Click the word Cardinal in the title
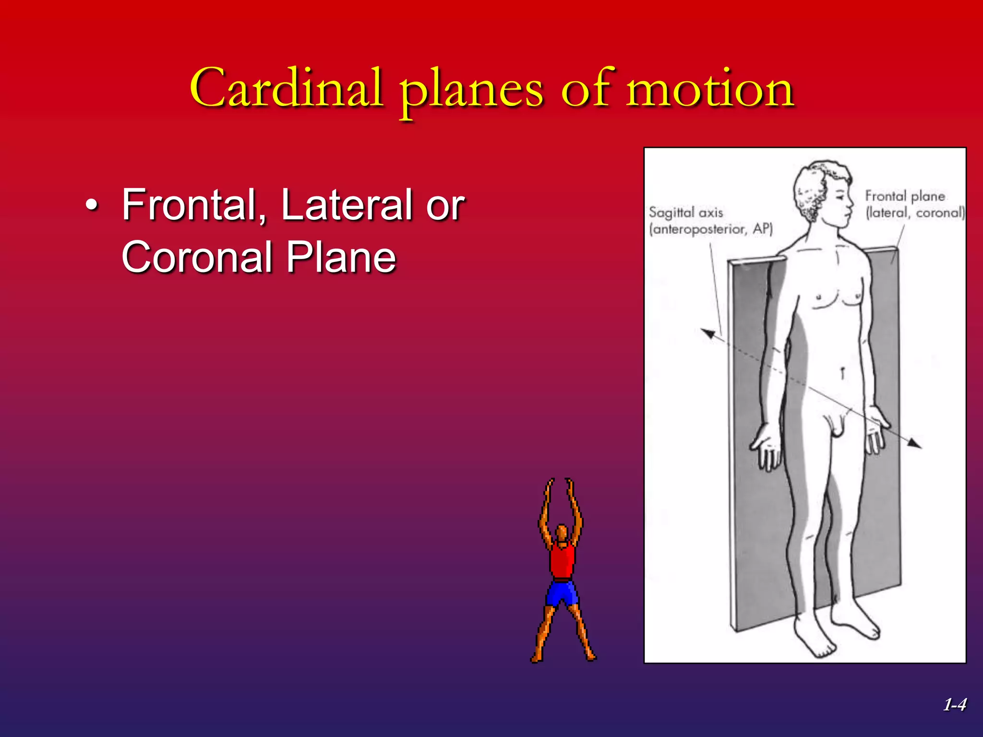287,89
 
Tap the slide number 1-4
954,705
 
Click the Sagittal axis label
686,213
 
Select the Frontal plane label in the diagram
905,196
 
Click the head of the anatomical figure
822,192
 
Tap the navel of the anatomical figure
842,372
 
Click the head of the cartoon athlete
562,533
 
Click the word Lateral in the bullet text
346,205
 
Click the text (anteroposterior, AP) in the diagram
711,229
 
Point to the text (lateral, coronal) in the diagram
915,213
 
